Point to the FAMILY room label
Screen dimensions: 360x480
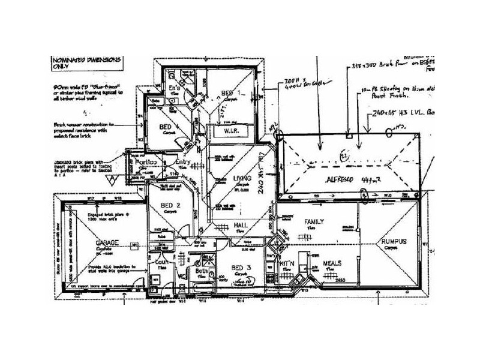coord(314,222)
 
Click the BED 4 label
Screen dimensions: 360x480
coord(167,128)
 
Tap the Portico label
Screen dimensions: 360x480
coord(146,163)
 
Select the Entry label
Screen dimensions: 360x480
coord(182,162)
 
